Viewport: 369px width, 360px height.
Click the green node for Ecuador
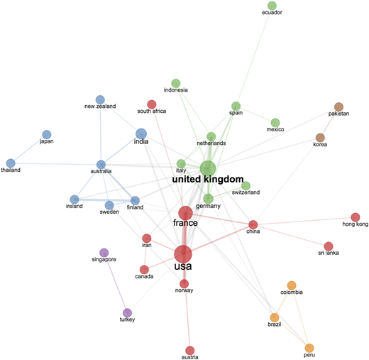(272, 6)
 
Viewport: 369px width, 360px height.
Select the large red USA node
(183, 254)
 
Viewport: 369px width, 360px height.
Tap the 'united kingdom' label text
(208, 179)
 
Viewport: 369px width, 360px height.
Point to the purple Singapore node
(104, 253)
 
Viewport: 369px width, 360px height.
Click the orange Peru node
(309, 348)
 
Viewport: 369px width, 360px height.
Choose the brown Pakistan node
(338, 107)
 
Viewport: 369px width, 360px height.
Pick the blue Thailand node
(11, 163)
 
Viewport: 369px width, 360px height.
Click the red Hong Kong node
(356, 217)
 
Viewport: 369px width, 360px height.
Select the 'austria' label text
(189, 357)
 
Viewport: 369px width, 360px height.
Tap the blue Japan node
(47, 135)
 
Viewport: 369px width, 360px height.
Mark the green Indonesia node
(176, 83)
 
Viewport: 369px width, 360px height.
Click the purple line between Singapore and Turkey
(116, 283)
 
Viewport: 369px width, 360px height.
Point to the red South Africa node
(152, 104)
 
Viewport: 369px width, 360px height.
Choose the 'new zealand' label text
(100, 107)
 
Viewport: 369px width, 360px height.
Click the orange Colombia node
(292, 285)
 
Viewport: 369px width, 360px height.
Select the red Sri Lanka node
(329, 246)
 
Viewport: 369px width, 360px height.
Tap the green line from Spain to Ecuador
(254, 56)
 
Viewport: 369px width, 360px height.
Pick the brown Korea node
(320, 138)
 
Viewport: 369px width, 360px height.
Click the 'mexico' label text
(275, 129)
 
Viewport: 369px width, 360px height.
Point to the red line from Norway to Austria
(187, 317)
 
